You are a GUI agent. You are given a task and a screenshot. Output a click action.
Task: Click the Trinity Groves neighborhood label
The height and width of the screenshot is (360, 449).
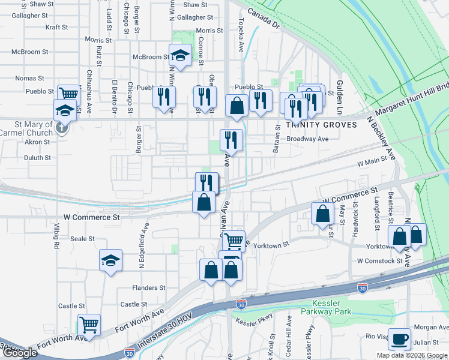[x=321, y=125]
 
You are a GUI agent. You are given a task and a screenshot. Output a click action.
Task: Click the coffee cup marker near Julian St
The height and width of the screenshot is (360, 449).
[x=399, y=340]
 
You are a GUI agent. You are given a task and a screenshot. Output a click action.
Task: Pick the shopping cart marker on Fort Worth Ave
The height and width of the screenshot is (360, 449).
[x=89, y=325]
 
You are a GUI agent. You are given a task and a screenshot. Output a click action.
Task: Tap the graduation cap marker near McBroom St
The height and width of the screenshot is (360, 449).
[x=179, y=56]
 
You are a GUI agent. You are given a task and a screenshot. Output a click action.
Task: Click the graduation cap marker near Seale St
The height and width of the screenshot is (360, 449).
[x=110, y=260]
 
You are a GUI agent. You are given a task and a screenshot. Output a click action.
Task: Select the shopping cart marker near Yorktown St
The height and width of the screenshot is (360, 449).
[x=234, y=241]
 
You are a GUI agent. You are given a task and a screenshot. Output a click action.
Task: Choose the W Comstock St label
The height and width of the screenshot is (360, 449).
[x=380, y=261]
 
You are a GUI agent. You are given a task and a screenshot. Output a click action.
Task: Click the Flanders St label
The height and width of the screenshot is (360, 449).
[x=149, y=288]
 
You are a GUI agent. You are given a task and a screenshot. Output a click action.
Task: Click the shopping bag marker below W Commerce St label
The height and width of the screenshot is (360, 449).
[x=323, y=214]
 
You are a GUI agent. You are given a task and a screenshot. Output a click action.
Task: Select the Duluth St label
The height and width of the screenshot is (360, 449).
[x=37, y=157]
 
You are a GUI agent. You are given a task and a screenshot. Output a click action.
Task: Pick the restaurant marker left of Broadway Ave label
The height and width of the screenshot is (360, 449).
[x=231, y=140]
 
